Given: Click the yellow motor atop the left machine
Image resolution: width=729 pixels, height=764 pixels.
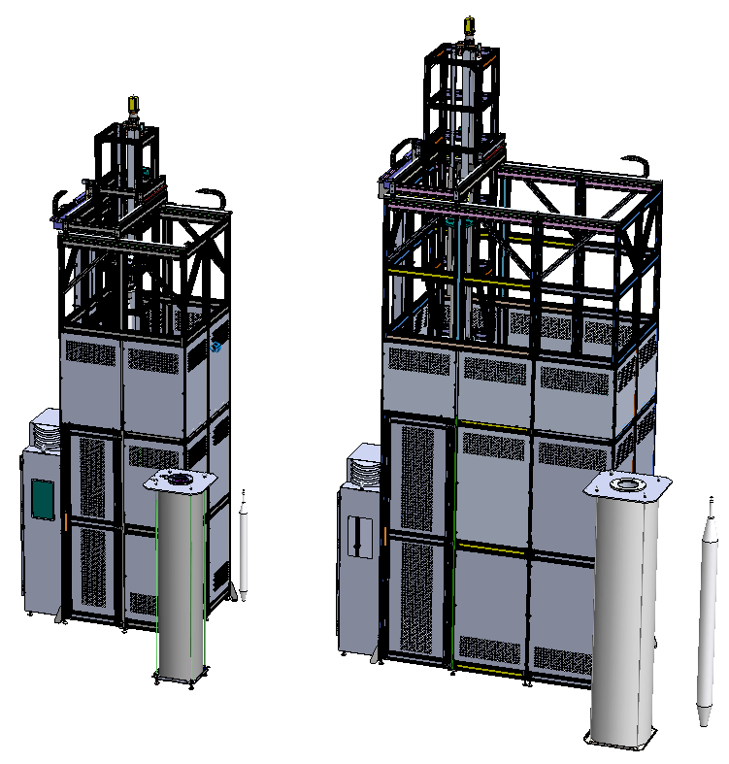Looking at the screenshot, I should pyautogui.click(x=133, y=105).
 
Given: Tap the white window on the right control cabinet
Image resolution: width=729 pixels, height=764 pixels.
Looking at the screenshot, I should pyautogui.click(x=359, y=536).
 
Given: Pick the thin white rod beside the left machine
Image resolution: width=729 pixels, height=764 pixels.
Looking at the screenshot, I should pyautogui.click(x=244, y=544).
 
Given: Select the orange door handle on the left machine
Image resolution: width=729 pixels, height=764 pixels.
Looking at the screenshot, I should pyautogui.click(x=65, y=520).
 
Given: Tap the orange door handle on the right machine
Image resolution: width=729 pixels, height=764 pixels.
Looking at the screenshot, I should pyautogui.click(x=385, y=536).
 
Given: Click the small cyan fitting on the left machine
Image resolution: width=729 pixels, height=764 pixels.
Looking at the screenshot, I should pyautogui.click(x=217, y=346).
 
